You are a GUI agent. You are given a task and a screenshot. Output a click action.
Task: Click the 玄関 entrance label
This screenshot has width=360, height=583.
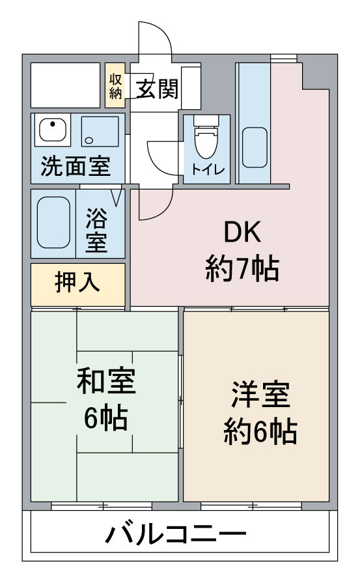[x=157, y=89]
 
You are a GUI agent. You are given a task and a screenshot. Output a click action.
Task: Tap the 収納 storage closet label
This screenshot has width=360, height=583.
[x=115, y=85]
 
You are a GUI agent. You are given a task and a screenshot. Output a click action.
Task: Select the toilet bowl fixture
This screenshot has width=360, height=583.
[x=206, y=137]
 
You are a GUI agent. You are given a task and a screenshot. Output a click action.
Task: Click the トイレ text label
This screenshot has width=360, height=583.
[x=208, y=170]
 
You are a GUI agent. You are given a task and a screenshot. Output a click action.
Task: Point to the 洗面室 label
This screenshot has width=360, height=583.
[x=76, y=166]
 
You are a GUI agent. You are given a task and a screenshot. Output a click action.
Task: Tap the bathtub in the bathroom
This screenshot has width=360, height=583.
[x=53, y=222]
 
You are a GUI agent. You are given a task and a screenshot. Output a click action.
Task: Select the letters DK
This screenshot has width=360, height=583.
[x=242, y=232]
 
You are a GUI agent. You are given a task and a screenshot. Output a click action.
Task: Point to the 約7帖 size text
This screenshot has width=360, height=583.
[x=242, y=268]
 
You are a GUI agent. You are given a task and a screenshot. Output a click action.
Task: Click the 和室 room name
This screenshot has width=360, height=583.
[x=106, y=380]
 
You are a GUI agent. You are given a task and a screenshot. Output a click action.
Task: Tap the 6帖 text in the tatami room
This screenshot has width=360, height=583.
[x=106, y=418]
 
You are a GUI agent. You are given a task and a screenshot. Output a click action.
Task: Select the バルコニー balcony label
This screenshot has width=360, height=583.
[x=176, y=534]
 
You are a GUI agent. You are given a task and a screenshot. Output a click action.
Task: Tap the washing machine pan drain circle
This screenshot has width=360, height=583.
[x=89, y=140]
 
